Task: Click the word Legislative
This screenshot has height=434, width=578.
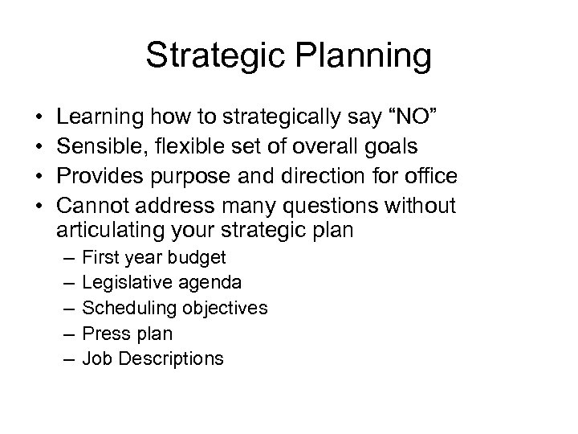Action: click(x=123, y=284)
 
